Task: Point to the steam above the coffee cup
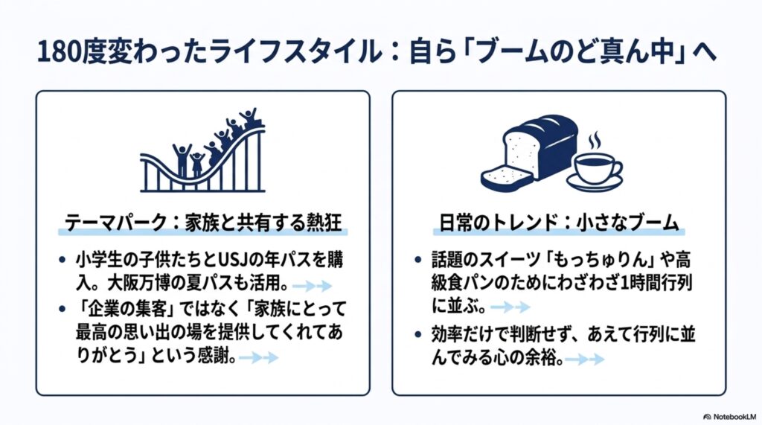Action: pyautogui.click(x=594, y=141)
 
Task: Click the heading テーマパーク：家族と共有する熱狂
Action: pyautogui.click(x=203, y=223)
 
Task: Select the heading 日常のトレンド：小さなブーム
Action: pyautogui.click(x=559, y=223)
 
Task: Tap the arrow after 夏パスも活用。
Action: pyautogui.click(x=312, y=285)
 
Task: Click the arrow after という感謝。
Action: pyautogui.click(x=258, y=358)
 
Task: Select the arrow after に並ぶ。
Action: pyautogui.click(x=510, y=307)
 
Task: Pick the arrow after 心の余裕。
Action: pyautogui.click(x=585, y=360)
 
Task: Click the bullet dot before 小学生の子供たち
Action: pyautogui.click(x=63, y=261)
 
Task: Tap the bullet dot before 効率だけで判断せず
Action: pyautogui.click(x=418, y=334)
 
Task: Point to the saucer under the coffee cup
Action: pyautogui.click(x=595, y=184)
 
